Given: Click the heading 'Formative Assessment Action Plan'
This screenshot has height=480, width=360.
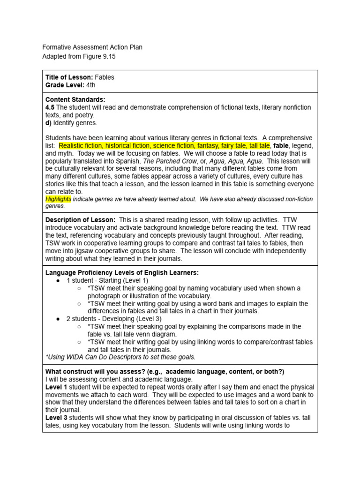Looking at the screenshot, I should click(x=92, y=47).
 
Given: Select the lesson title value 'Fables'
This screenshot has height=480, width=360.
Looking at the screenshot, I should click(x=104, y=77).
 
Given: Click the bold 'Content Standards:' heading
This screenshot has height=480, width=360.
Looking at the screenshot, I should click(x=75, y=99).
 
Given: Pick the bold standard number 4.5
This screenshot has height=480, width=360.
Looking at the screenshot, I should click(x=50, y=107).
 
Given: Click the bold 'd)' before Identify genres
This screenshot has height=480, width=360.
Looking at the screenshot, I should click(x=48, y=122).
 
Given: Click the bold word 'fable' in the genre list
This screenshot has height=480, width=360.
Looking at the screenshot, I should click(x=281, y=146).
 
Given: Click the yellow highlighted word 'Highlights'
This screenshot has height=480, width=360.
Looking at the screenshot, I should click(x=58, y=199).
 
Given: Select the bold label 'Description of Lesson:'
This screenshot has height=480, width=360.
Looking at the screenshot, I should click(x=80, y=220).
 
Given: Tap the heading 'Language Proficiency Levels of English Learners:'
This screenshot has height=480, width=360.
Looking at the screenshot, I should click(x=122, y=273).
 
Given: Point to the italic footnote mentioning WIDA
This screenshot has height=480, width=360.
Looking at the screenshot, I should click(x=120, y=357).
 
